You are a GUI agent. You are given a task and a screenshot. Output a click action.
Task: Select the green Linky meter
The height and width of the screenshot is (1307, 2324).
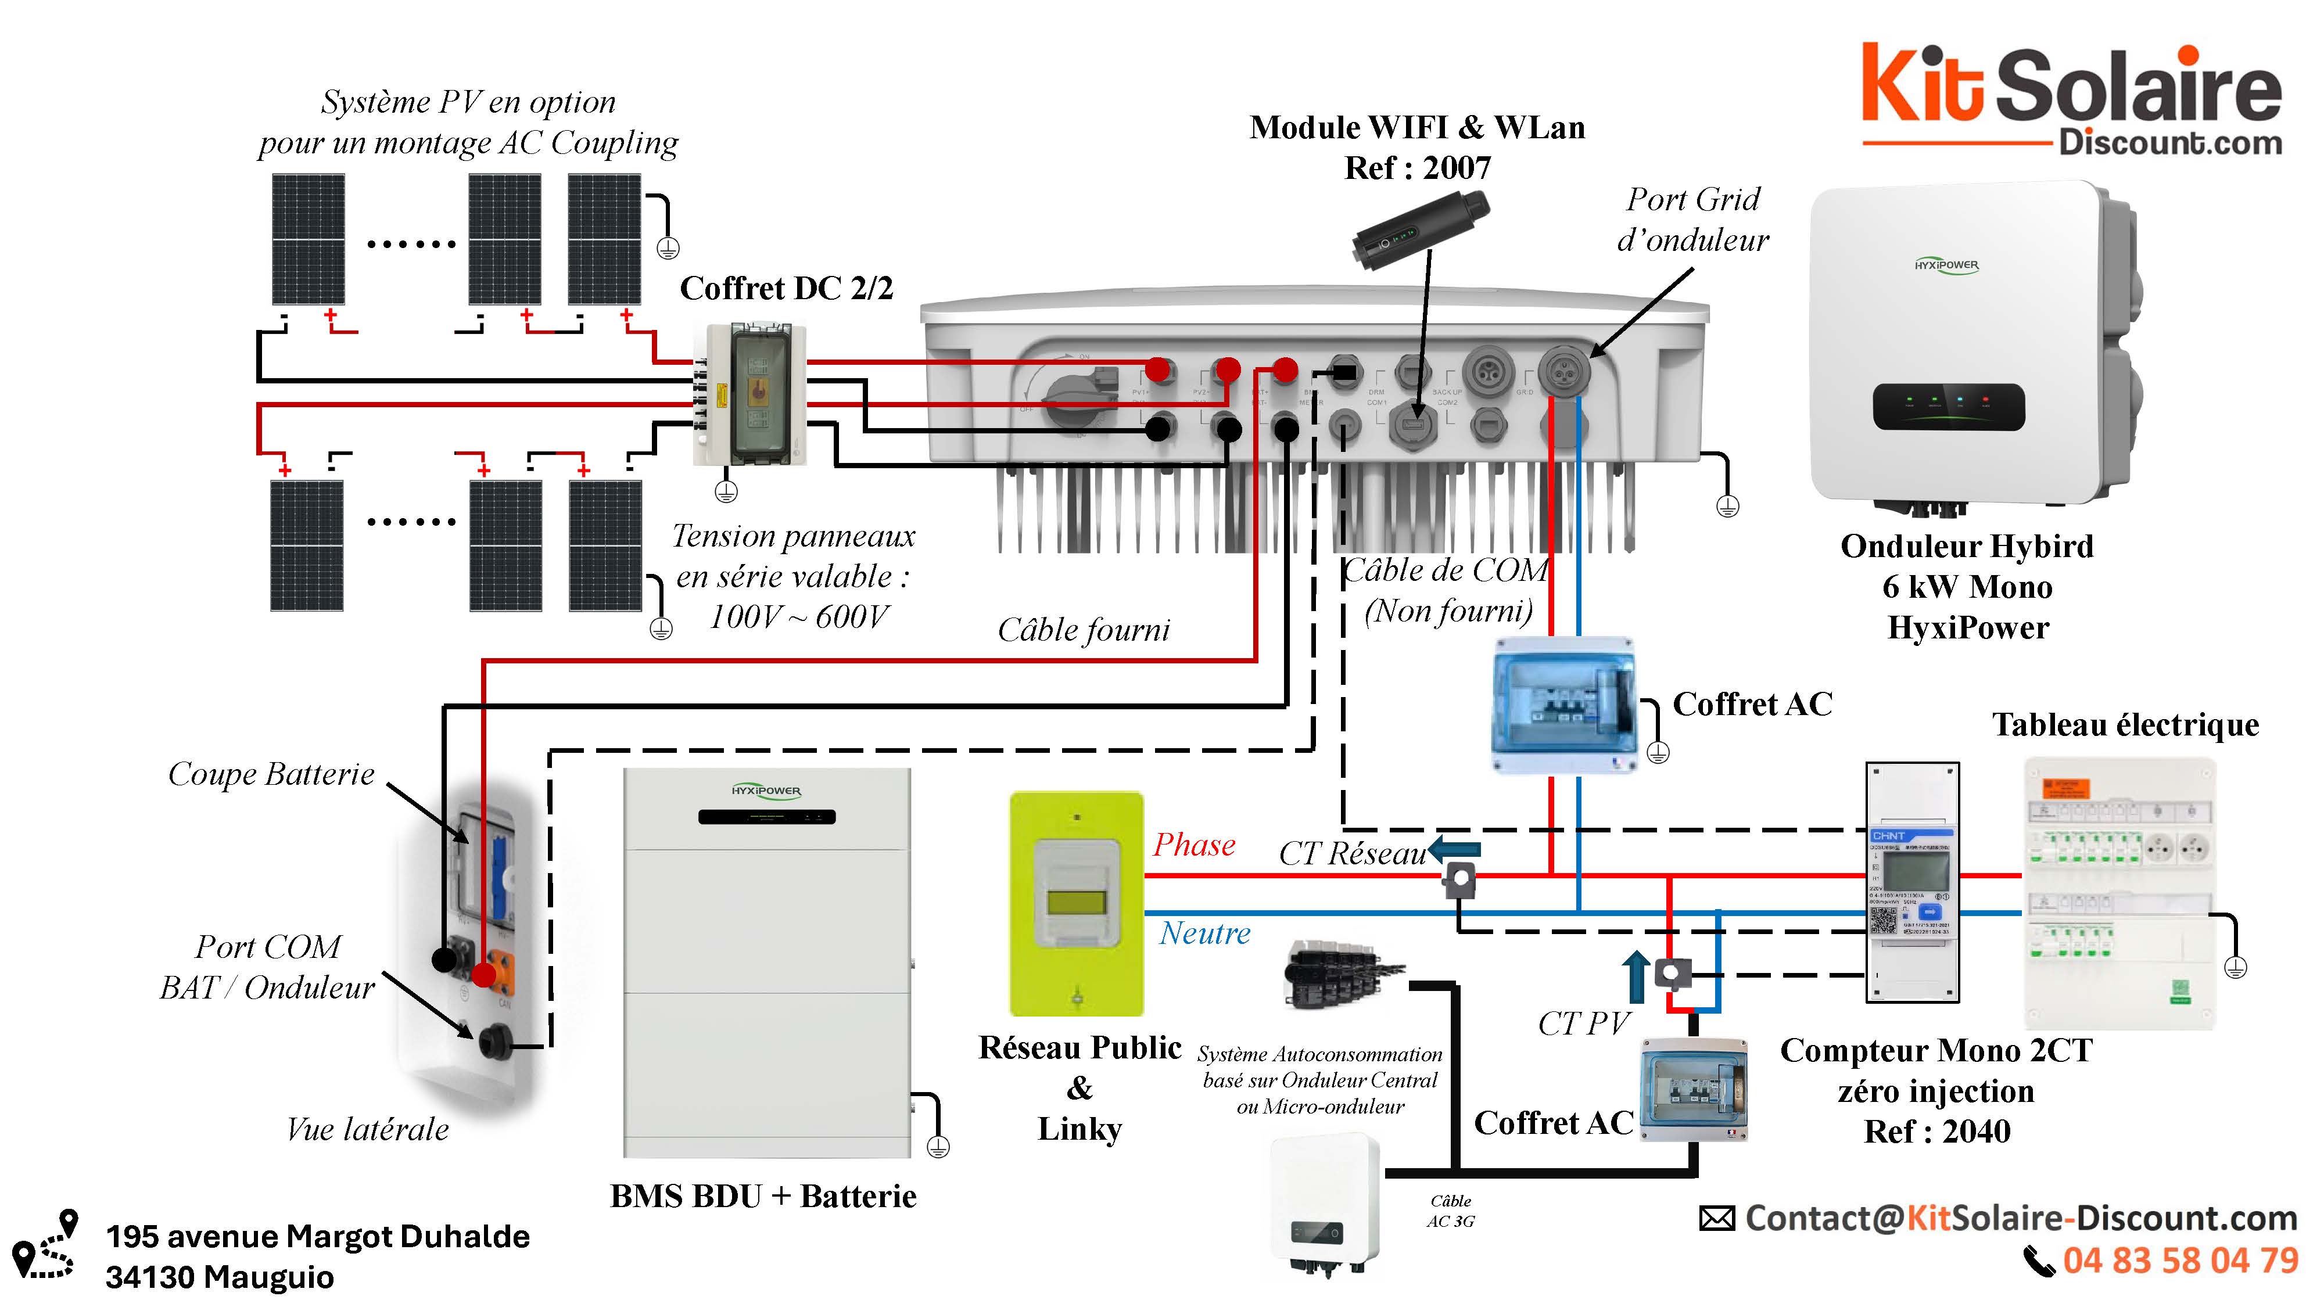[x=1076, y=903]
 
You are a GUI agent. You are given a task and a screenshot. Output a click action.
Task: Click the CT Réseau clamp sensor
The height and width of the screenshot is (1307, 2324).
[x=1459, y=878]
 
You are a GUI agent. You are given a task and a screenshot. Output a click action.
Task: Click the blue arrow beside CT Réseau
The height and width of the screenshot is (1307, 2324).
[x=1454, y=849]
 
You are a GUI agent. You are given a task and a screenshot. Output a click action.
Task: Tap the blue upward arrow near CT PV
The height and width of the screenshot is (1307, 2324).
[x=1636, y=976]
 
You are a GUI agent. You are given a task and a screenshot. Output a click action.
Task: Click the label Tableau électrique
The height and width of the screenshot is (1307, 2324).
[x=2125, y=724]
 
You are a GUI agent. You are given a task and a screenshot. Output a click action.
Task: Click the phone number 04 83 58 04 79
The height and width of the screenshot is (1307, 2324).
[x=2180, y=1260]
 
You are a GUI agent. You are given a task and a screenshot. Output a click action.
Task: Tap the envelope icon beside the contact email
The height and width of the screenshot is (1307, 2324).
[x=1717, y=1219]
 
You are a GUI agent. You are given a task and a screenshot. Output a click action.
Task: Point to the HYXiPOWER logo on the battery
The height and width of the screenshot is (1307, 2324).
[x=766, y=791]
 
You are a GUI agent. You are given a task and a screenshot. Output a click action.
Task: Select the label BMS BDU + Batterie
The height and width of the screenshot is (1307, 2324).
[x=763, y=1196]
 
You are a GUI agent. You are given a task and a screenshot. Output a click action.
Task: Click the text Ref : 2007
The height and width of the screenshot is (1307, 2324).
[x=1417, y=168]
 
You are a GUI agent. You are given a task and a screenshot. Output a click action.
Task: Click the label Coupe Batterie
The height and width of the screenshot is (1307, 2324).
[x=271, y=774]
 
